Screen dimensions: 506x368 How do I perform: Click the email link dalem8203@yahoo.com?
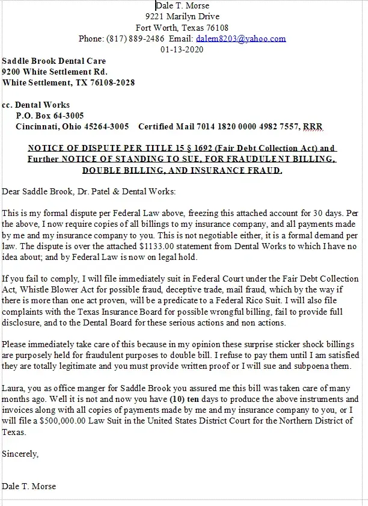tap(241, 39)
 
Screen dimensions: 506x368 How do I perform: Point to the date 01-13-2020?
tap(182, 50)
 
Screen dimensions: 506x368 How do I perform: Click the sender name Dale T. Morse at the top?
tap(182, 5)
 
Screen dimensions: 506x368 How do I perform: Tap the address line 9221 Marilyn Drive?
tap(182, 16)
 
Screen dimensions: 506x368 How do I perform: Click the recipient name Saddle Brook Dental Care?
tap(54, 61)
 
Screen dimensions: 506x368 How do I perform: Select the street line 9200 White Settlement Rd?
tap(50, 72)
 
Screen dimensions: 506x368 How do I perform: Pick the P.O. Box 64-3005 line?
tap(50, 116)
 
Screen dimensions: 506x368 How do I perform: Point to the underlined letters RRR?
tap(313, 126)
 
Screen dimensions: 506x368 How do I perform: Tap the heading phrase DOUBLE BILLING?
tap(124, 170)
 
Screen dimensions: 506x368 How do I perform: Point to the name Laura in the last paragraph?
tap(13, 388)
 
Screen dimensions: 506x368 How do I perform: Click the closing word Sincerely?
tap(20, 453)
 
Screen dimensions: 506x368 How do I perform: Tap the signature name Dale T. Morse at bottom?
tap(29, 486)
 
